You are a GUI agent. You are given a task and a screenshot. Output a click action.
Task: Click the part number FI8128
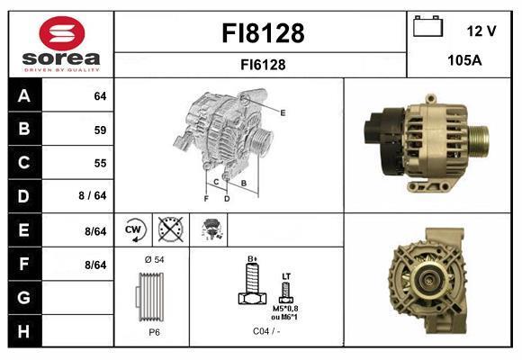coord(263,34)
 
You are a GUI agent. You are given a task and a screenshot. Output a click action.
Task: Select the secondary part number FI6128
coord(263,64)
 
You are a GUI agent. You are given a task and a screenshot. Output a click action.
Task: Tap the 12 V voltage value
coord(481,31)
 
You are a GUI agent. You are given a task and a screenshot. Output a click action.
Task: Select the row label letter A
coord(24,96)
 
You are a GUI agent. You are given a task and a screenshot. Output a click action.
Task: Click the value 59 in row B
coord(100,130)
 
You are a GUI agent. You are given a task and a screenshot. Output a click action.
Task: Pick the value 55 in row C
coord(100,163)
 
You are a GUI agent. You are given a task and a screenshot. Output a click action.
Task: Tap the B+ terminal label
coord(253,258)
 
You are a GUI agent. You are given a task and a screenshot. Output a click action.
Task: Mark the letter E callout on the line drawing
coord(283,112)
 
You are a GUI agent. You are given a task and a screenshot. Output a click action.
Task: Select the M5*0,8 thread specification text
coord(284,308)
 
